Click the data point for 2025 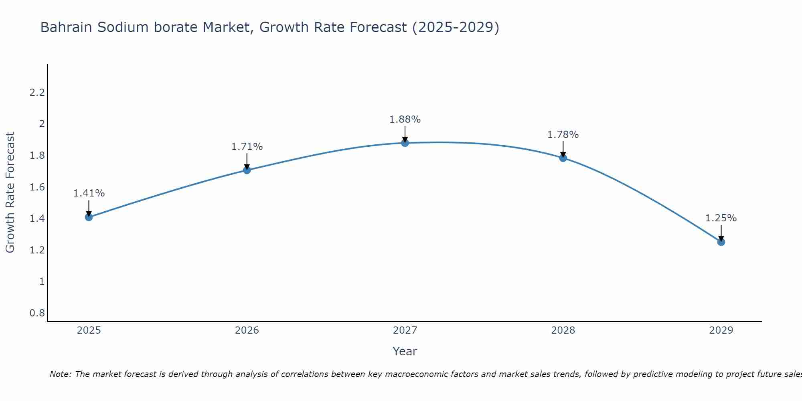tap(89, 217)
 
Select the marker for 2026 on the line tap(247, 170)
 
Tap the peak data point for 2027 tap(405, 143)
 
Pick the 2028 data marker tap(563, 158)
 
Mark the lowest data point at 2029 tap(721, 242)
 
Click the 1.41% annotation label tap(89, 193)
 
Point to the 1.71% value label tap(247, 147)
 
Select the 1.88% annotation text tap(405, 119)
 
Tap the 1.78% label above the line tap(563, 135)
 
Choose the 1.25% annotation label tap(721, 218)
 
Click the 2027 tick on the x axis tap(405, 330)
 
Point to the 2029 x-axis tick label tap(721, 330)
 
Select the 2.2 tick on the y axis tap(37, 93)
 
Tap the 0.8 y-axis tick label tap(37, 313)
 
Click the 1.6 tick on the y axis tap(37, 187)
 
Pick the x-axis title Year tap(405, 351)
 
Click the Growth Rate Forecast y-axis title tap(10, 192)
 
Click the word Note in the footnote tap(60, 374)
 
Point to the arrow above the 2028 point tap(563, 149)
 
